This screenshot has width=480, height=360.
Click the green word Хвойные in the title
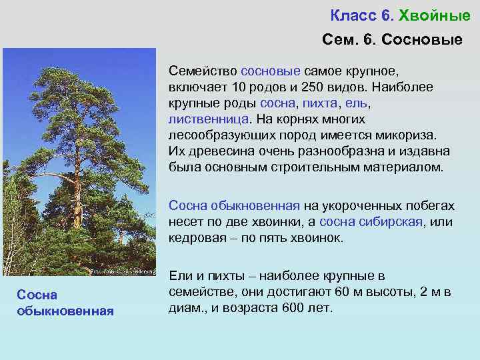[x=434, y=15]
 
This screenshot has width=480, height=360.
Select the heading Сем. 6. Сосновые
[x=391, y=40]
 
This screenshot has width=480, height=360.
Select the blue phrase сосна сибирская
[x=371, y=222]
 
